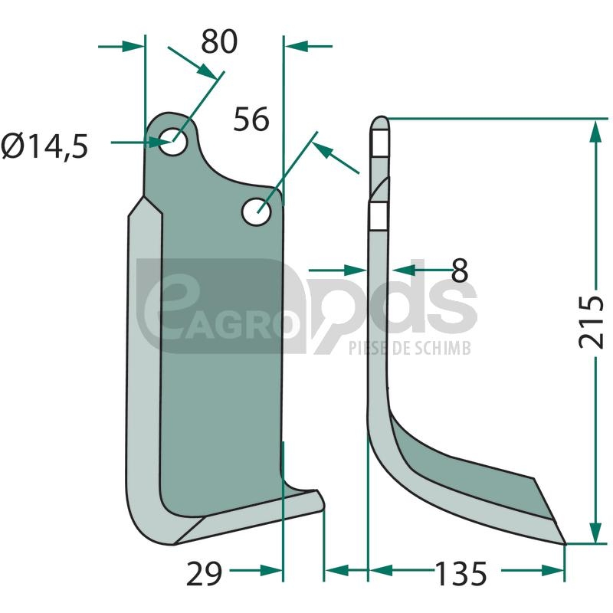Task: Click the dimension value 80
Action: pos(219,41)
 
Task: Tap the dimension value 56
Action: pos(251,119)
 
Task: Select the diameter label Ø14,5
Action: pos(44,146)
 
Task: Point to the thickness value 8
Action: pos(460,270)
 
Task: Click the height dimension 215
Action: pos(591,322)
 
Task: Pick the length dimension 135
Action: pos(461,573)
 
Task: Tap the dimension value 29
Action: pos(204,573)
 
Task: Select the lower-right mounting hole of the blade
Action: pos(257,211)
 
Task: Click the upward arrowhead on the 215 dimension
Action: pos(595,133)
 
